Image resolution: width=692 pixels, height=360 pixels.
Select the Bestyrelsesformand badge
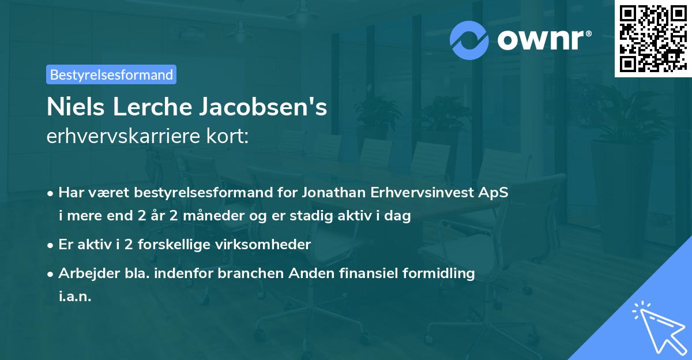tap(111, 74)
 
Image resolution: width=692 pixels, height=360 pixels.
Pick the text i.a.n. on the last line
tap(75, 296)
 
